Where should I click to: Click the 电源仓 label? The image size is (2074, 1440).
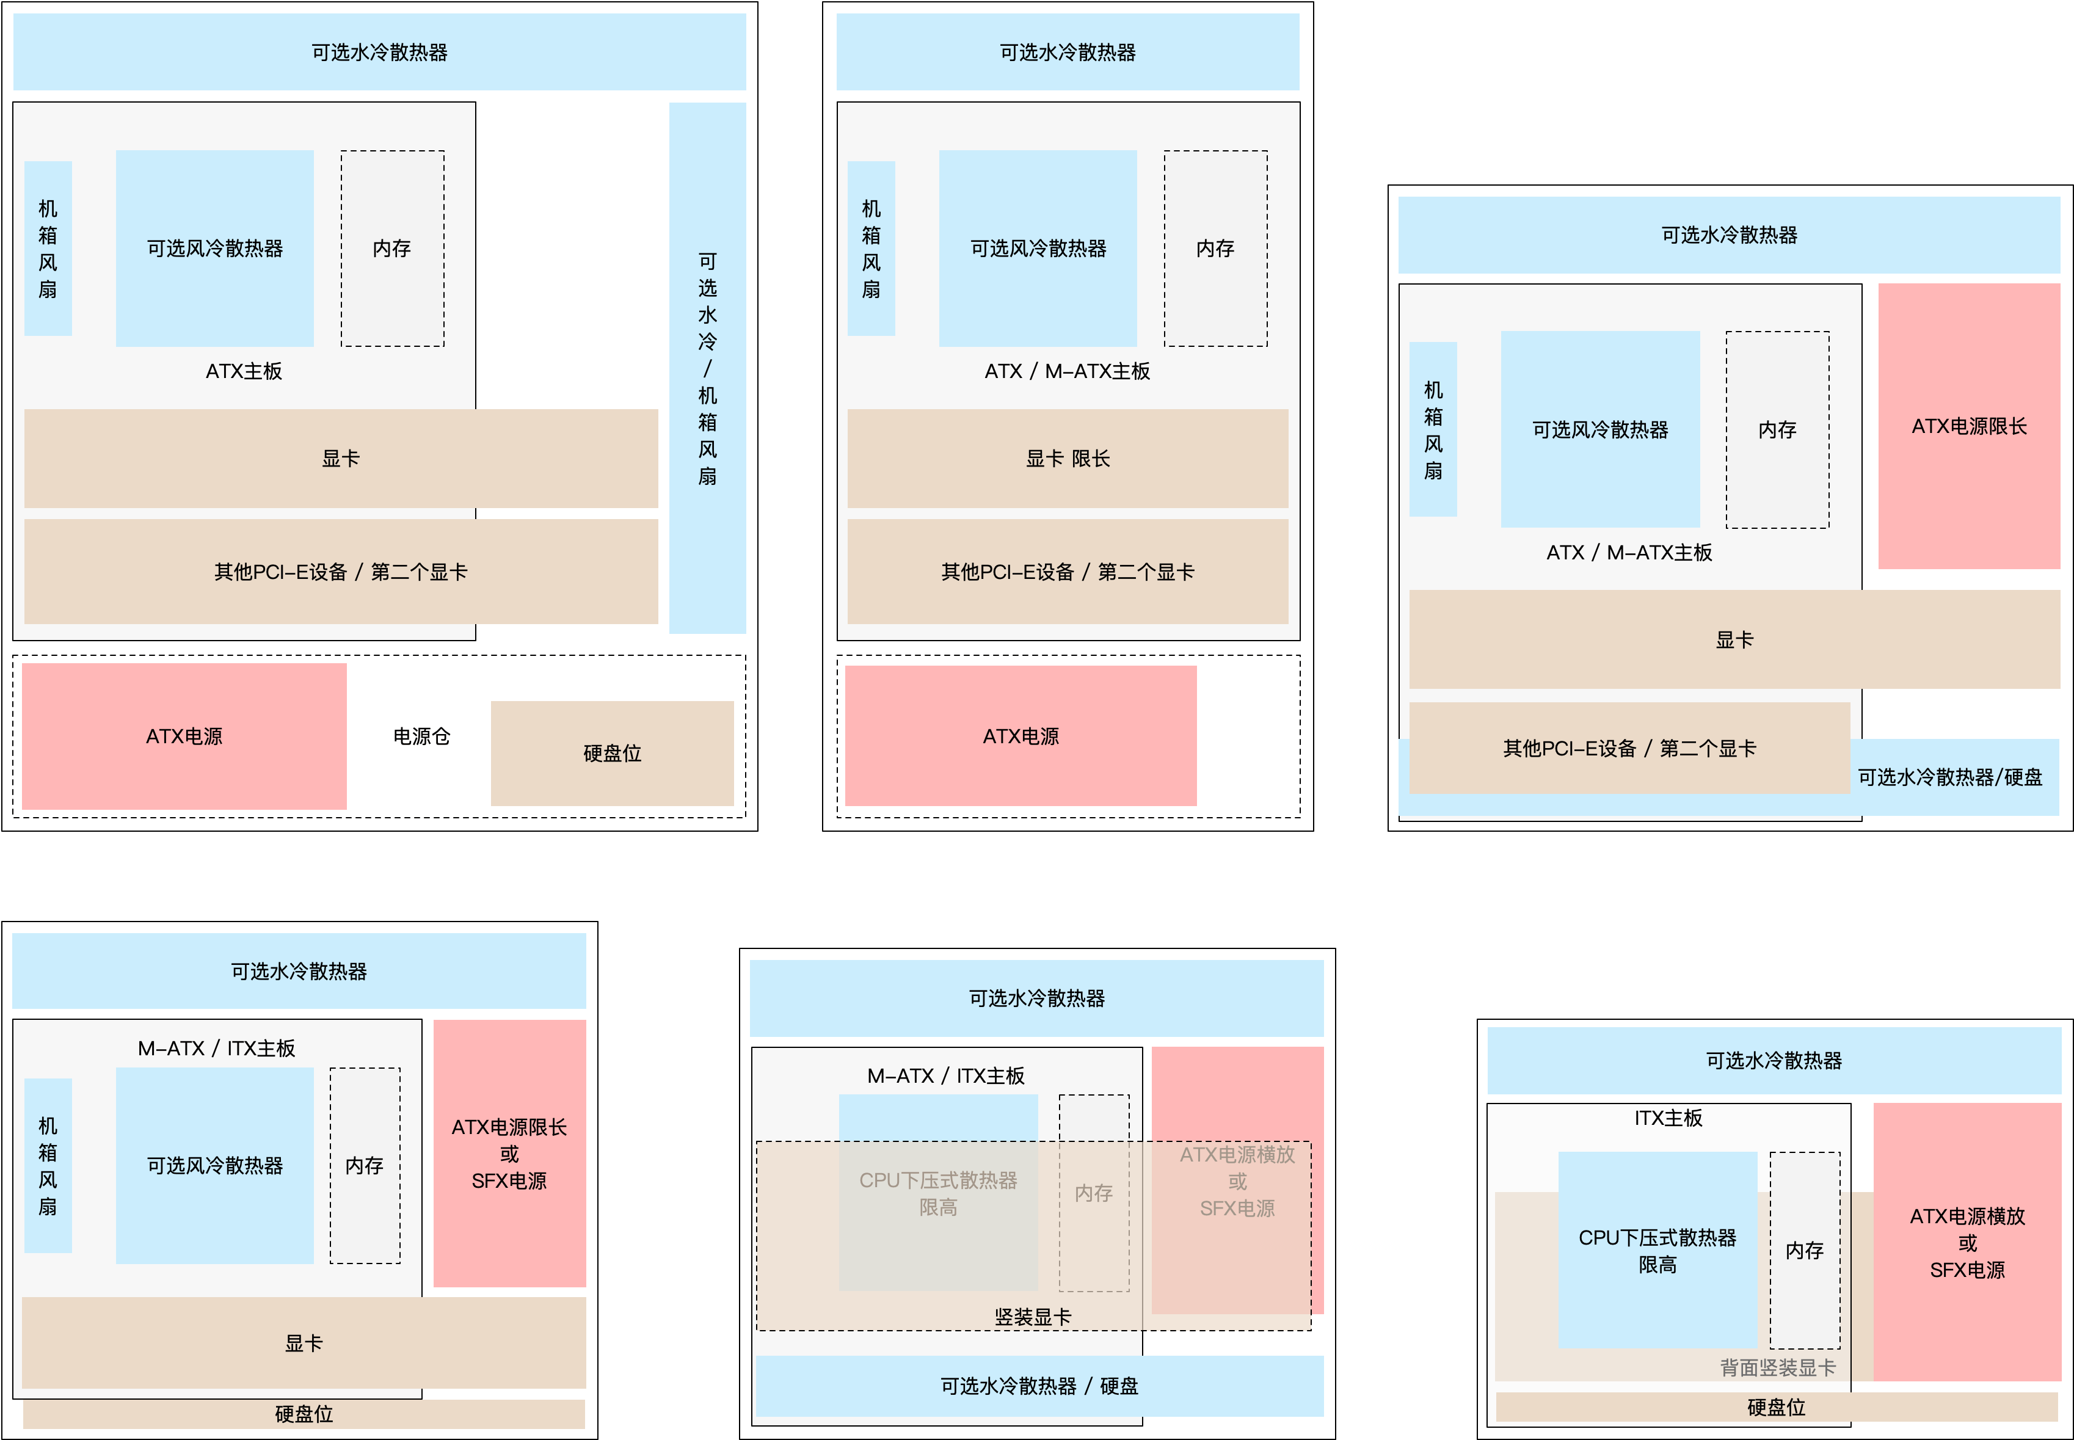[421, 736]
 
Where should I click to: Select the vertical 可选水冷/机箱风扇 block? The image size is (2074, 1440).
[707, 368]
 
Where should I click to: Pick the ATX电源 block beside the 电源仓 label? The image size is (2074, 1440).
[184, 736]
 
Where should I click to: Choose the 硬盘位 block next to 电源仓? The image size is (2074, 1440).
[612, 754]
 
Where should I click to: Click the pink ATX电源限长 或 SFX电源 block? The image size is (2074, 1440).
[510, 1153]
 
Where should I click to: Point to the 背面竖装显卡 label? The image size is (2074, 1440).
[1777, 1368]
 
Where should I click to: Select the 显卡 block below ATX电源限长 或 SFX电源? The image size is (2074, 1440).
[304, 1342]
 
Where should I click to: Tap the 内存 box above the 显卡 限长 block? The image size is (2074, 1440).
[1215, 248]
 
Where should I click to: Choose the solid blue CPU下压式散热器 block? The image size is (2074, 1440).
[1657, 1249]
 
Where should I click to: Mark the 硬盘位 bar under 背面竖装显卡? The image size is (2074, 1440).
[1777, 1406]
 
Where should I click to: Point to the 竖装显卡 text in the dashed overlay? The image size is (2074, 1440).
[1033, 1317]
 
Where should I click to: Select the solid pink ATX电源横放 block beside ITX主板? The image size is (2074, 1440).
[1968, 1242]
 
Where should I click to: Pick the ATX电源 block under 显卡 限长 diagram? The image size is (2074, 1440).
[1021, 736]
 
